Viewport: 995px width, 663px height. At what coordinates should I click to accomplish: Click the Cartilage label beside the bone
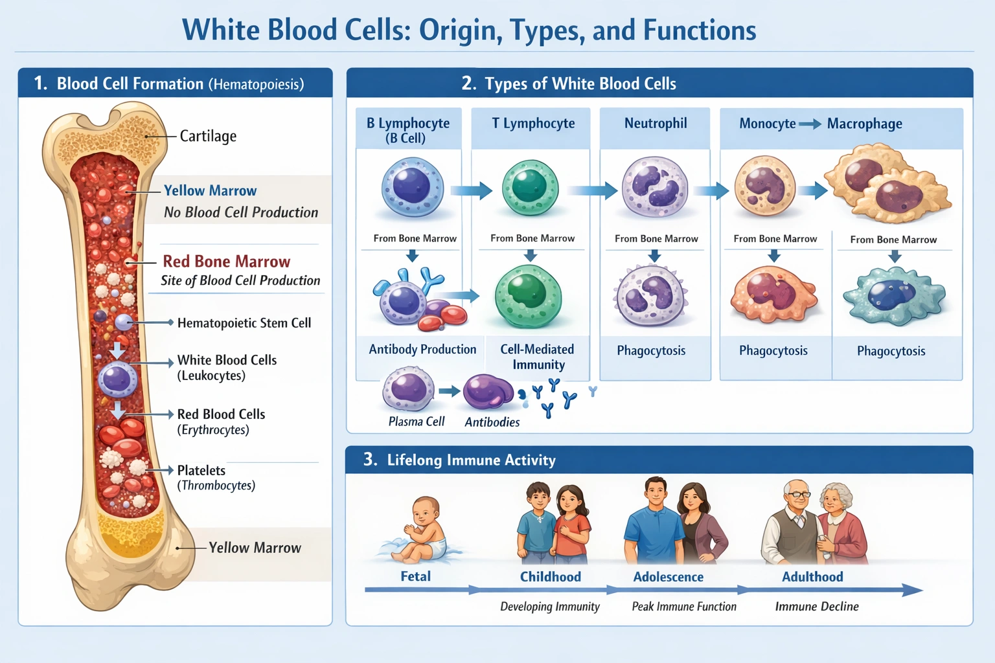(208, 136)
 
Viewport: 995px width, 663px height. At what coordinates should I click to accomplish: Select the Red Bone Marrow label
(226, 262)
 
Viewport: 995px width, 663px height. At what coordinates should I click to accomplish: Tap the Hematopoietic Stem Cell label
(244, 323)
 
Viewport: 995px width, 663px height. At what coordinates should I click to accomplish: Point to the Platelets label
(201, 471)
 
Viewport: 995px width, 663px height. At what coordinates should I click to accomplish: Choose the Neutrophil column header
(655, 124)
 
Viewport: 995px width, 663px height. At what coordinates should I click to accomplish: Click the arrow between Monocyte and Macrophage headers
(810, 124)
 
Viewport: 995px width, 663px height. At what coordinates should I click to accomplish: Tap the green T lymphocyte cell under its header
(530, 188)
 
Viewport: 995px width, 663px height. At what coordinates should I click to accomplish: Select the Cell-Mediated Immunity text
(537, 357)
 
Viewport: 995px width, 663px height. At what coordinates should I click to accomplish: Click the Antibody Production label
(422, 350)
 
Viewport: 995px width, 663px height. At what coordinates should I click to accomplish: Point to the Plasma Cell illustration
(408, 389)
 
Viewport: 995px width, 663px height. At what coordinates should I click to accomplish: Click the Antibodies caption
(492, 422)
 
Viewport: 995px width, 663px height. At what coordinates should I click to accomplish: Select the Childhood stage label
(550, 577)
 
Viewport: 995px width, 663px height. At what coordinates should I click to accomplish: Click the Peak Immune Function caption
(683, 607)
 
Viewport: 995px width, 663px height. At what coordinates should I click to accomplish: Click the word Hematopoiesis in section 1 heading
(256, 85)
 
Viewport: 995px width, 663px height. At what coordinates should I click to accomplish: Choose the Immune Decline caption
(816, 607)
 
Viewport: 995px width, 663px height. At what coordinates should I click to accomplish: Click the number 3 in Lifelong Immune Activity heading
(369, 460)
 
